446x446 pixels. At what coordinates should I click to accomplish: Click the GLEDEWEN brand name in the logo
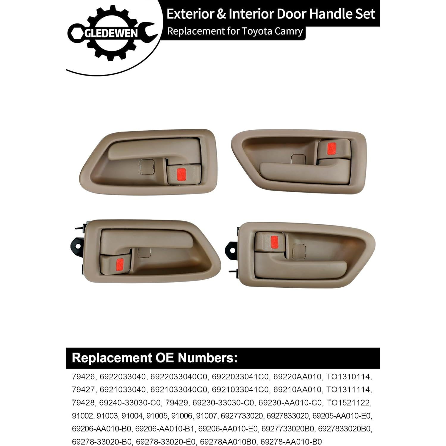pyautogui.click(x=111, y=33)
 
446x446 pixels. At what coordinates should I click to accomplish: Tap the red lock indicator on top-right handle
pyautogui.click(x=331, y=149)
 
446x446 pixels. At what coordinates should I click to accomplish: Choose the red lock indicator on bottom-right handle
pyautogui.click(x=274, y=241)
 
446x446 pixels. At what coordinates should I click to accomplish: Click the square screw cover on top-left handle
pyautogui.click(x=147, y=167)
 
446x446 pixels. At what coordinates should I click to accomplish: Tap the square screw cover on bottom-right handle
pyautogui.click(x=299, y=251)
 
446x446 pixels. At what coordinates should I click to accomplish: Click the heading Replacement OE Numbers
pyautogui.click(x=155, y=358)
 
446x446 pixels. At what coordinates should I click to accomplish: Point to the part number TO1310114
pyautogui.click(x=349, y=377)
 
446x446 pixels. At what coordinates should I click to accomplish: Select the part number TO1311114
pyautogui.click(x=349, y=389)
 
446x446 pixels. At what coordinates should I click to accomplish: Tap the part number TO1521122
pyautogui.click(x=349, y=403)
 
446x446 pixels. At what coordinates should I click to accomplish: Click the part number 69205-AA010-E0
pyautogui.click(x=342, y=416)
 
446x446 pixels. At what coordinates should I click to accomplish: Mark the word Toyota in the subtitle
pyautogui.click(x=255, y=31)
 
